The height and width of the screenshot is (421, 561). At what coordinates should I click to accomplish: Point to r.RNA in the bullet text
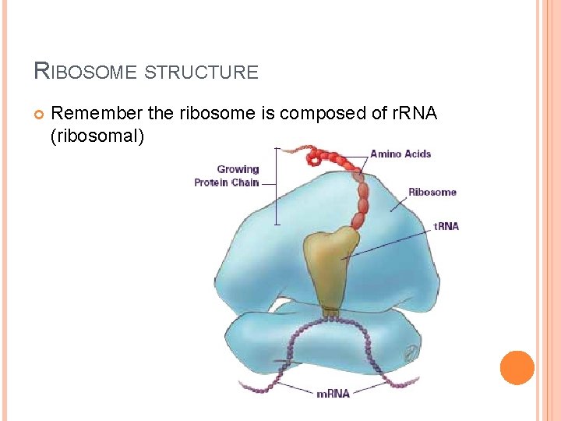tap(414, 114)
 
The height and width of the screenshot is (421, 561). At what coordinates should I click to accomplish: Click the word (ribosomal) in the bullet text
tap(97, 136)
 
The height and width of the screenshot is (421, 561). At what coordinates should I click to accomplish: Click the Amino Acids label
tap(400, 154)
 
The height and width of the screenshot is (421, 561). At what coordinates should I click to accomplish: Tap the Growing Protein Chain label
tap(227, 175)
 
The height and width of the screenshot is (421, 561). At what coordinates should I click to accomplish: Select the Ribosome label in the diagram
tap(432, 192)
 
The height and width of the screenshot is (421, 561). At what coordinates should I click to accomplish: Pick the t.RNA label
tap(446, 226)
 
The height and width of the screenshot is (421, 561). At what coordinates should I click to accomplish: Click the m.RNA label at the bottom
tap(333, 393)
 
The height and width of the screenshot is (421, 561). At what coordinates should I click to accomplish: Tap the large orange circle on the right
tap(517, 368)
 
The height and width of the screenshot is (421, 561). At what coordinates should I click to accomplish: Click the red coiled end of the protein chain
tap(316, 156)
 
